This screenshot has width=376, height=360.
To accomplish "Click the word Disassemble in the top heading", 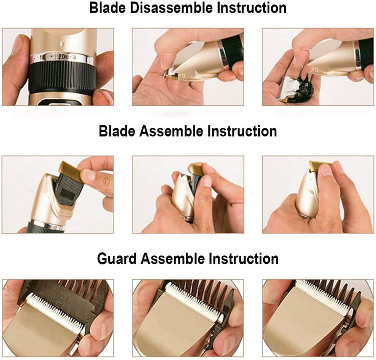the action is [171, 8].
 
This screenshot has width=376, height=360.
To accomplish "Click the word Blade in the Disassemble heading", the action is [107, 8].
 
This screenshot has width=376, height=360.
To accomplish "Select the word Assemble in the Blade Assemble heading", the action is [171, 131].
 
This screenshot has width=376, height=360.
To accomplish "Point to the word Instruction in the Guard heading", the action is [243, 259].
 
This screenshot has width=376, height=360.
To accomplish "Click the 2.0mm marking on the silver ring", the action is [65, 57].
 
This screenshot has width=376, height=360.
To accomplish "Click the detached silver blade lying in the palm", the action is [289, 88].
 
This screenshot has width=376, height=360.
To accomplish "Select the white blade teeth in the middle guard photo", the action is [194, 303].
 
